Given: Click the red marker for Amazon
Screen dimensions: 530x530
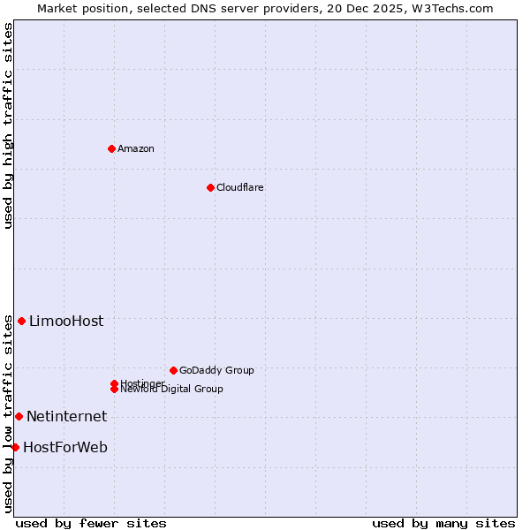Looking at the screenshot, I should (111, 148).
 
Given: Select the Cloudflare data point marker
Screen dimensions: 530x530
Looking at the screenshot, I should (210, 187).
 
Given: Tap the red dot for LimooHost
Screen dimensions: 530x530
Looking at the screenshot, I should (21, 321).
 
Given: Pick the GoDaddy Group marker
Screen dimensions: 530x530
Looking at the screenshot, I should (173, 370).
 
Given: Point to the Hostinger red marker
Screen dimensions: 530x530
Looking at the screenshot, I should (114, 383).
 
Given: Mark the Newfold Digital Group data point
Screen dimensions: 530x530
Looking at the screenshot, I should (114, 389).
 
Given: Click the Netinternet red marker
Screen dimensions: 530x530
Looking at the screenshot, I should (19, 416).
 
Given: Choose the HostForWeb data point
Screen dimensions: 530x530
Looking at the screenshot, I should (15, 447).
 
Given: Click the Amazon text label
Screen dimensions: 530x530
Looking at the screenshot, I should (136, 148).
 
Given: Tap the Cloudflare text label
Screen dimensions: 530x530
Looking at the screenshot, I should (240, 187).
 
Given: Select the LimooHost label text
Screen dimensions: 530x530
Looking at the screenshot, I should (66, 322).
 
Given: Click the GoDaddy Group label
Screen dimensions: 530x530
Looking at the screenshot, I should (216, 370).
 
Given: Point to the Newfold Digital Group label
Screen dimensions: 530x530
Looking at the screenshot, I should (172, 390).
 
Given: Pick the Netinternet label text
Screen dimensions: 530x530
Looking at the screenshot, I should (66, 417).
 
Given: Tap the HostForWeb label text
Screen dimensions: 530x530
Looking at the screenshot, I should (65, 448).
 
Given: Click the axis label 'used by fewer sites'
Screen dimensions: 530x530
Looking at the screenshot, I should (91, 523).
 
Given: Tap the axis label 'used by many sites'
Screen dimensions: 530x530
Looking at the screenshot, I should (443, 523).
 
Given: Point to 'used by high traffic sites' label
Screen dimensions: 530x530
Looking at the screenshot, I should (8, 125).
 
